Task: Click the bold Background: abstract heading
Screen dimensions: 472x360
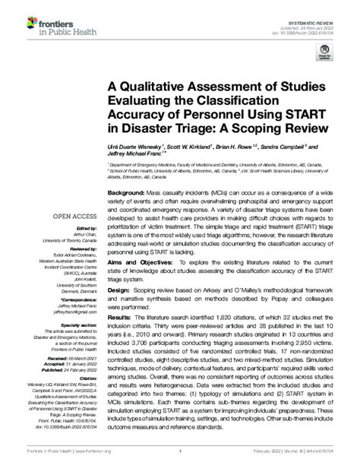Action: [129, 193]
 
